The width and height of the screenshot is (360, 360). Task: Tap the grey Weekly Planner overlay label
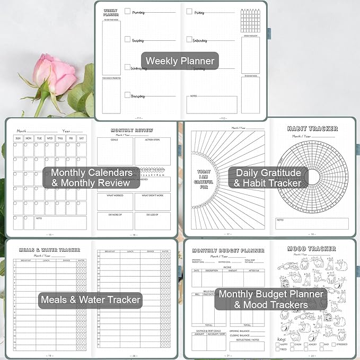(x=180, y=60)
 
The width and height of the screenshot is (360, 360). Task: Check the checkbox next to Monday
(x=127, y=11)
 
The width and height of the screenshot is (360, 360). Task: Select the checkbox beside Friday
(x=189, y=11)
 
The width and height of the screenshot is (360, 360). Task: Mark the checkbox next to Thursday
(x=127, y=95)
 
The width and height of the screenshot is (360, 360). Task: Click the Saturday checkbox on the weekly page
(x=189, y=39)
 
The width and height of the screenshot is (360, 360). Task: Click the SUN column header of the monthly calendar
(x=19, y=138)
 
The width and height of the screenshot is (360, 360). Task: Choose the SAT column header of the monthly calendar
(x=81, y=138)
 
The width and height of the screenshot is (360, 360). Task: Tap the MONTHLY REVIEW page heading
(x=132, y=130)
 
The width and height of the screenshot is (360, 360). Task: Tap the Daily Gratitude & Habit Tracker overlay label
(x=268, y=177)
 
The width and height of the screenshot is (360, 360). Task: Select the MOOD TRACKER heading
(x=311, y=248)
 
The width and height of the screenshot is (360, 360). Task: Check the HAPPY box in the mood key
(x=278, y=345)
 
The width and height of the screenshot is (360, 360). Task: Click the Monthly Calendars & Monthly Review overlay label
(x=91, y=177)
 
